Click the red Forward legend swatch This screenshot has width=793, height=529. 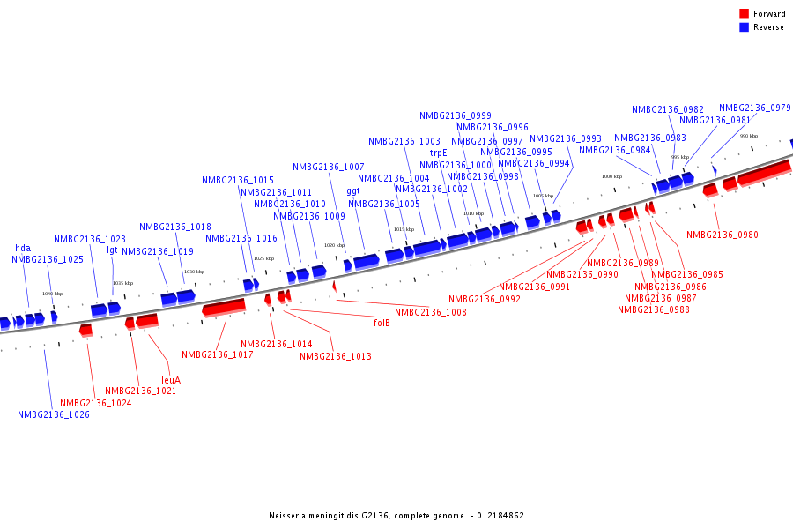745,13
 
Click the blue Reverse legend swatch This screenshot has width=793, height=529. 745,27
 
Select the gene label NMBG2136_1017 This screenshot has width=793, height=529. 218,354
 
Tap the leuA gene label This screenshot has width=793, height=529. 171,380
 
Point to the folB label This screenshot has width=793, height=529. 382,323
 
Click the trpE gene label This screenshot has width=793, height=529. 439,153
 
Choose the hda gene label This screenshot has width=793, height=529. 23,248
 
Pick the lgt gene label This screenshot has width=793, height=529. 112,250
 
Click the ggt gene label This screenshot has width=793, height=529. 353,190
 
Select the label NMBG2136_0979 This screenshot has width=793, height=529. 754,108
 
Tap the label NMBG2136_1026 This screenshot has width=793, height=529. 54,414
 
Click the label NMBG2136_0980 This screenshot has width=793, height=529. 723,235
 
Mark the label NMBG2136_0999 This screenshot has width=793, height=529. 456,115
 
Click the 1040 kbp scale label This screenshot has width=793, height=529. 53,294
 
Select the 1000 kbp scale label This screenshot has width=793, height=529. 611,176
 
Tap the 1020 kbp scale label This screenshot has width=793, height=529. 334,245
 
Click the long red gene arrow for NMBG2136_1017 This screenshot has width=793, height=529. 224,307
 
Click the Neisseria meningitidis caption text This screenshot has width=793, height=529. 396,516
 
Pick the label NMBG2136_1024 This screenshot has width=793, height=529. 96,403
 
